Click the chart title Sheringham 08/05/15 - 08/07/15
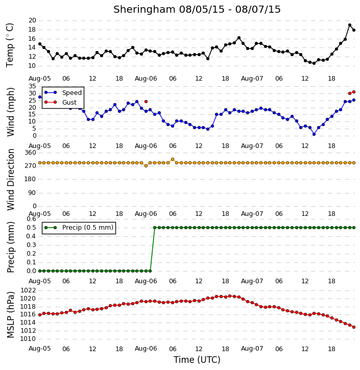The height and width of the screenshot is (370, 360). tap(197, 10)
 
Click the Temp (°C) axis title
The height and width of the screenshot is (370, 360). tap(10, 45)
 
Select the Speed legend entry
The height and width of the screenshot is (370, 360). tap(63, 93)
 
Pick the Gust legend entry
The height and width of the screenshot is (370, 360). tap(61, 102)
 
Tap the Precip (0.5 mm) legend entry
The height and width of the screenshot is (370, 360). tap(79, 228)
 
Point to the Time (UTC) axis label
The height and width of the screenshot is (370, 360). tap(197, 360)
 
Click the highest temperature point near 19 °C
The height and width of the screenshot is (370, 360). tap(350, 25)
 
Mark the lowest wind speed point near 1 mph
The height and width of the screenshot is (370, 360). tap(314, 134)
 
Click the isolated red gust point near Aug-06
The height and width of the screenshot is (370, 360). tap(146, 102)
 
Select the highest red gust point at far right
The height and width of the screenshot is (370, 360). tap(354, 92)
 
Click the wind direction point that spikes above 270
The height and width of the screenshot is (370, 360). tap(173, 159)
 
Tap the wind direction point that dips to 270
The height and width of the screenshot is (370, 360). tap(146, 166)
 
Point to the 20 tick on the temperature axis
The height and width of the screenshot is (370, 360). tap(32, 20)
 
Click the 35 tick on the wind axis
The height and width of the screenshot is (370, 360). tap(32, 86)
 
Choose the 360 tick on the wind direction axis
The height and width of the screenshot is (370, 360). tap(30, 153)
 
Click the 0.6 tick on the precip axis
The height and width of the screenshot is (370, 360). tap(31, 219)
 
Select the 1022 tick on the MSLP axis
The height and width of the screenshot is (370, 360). tap(28, 290)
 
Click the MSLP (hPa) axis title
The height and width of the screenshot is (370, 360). tap(10, 315)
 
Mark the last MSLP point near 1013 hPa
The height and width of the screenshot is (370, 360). tap(354, 327)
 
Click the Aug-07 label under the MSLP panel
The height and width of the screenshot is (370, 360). tap(252, 349)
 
